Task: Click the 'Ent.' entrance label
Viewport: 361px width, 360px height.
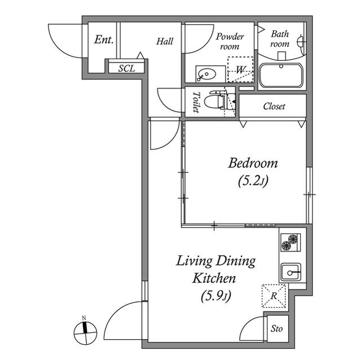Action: [x=104, y=41]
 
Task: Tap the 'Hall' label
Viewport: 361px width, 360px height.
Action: [x=165, y=41]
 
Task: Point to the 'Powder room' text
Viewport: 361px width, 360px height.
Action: [x=230, y=42]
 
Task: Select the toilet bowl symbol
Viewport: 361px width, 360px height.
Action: [x=215, y=101]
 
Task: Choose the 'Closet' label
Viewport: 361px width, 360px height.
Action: [x=274, y=106]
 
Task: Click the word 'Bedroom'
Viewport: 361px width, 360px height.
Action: [x=253, y=163]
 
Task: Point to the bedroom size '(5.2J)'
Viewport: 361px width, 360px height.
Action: [x=253, y=181]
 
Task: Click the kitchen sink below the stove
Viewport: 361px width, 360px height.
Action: [x=292, y=273]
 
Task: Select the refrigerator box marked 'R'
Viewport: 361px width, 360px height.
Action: [x=274, y=296]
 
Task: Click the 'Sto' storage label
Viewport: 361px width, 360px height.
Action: [x=276, y=329]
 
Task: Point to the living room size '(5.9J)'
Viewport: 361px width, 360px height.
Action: [x=216, y=295]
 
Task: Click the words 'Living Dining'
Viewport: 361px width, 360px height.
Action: [x=216, y=261]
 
